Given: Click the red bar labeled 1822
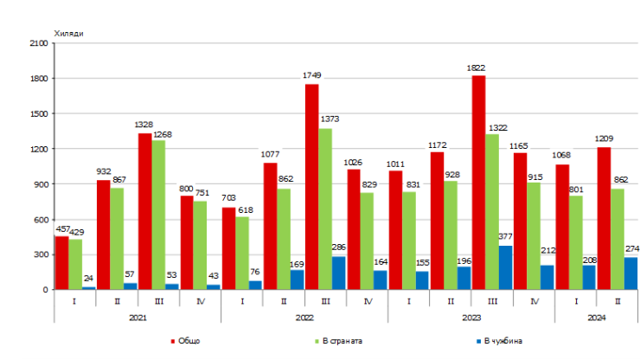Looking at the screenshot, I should point(478,183).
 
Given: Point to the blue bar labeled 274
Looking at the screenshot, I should point(630,273).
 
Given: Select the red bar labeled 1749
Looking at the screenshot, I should point(311,186).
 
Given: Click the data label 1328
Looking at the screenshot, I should point(144,125).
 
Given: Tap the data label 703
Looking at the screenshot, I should point(227,199).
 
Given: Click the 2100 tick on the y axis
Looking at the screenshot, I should point(38,43).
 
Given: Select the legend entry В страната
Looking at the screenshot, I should point(339,341).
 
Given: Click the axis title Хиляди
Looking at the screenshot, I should point(69,33).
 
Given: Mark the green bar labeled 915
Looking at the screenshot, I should point(534,235).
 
